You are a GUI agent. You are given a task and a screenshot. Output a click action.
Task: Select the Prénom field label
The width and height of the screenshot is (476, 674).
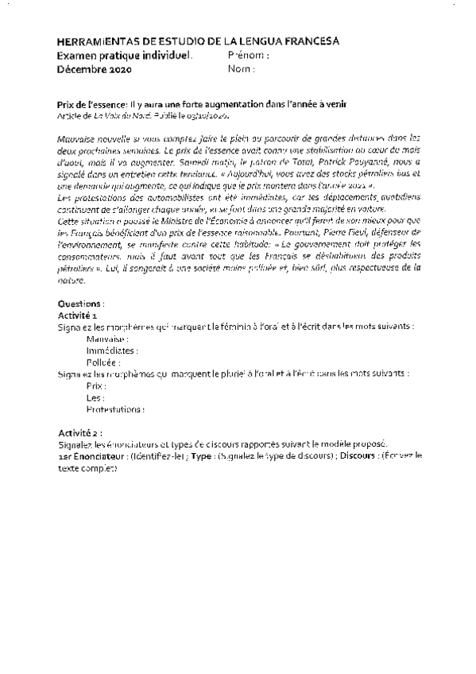[x=248, y=56]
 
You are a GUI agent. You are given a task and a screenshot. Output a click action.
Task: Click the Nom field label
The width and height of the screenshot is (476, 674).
[x=241, y=69]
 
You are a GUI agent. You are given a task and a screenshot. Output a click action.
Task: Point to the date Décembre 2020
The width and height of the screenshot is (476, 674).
[x=95, y=70]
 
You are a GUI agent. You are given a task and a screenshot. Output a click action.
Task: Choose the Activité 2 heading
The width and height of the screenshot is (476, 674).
[x=79, y=432]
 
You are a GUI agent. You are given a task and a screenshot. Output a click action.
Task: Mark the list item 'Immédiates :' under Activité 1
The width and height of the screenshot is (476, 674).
[x=112, y=349]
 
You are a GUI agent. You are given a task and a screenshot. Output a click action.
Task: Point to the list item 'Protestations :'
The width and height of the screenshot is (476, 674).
[x=116, y=409]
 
